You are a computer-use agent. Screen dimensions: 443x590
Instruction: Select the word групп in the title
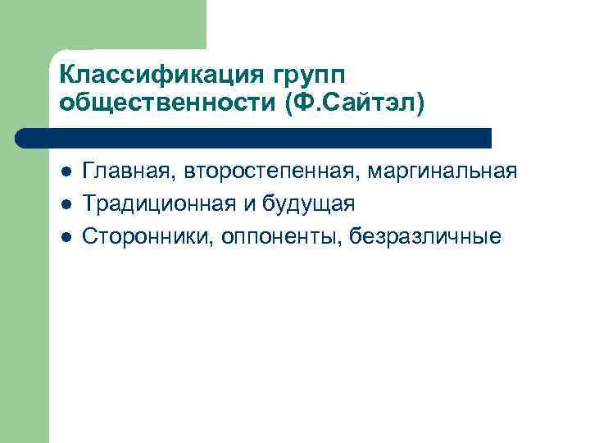tap(304, 74)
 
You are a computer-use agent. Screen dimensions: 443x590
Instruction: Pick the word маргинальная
tap(443, 171)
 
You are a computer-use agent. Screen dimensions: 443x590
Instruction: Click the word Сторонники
tap(151, 236)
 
